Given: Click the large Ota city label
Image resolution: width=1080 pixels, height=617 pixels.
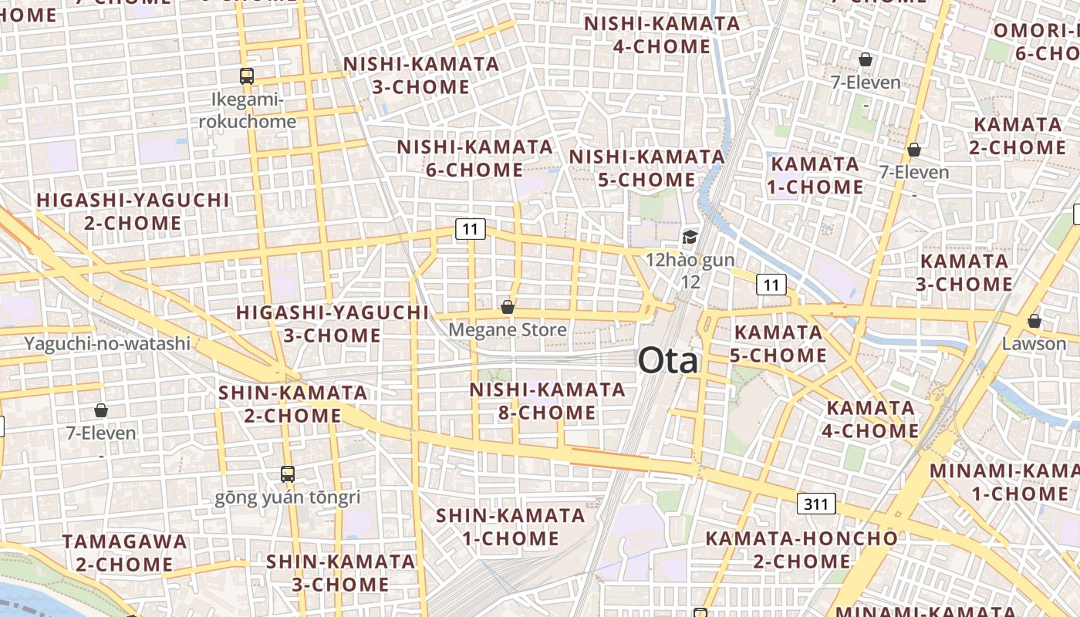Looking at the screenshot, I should click(668, 360).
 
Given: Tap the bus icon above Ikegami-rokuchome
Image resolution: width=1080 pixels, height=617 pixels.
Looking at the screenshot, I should click(247, 76).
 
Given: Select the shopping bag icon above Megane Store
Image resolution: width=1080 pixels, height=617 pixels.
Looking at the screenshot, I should click(508, 307).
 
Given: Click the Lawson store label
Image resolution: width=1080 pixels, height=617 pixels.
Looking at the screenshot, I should click(1034, 343).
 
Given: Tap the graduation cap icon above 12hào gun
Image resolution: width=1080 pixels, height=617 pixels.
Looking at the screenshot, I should click(690, 237).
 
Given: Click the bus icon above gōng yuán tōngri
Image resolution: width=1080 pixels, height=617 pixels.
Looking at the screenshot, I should click(288, 474).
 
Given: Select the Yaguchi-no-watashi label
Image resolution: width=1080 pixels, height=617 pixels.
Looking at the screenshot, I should click(107, 343).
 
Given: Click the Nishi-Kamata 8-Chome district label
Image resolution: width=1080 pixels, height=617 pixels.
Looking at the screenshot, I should click(548, 401).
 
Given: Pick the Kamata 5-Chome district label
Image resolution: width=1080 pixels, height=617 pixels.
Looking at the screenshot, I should click(779, 344).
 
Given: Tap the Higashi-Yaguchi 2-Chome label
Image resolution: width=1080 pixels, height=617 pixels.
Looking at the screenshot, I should click(133, 211).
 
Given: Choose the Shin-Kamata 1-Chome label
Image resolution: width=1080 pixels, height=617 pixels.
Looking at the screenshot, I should click(511, 526).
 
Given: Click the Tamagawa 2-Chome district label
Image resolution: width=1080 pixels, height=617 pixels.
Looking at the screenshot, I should click(125, 552).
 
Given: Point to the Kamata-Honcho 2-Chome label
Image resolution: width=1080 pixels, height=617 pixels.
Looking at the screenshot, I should click(802, 549).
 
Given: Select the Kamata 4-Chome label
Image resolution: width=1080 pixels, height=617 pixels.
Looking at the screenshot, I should click(871, 419).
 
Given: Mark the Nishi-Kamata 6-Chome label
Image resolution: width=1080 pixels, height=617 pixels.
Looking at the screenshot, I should click(475, 157).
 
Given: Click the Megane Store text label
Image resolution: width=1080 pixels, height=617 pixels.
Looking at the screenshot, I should click(508, 330).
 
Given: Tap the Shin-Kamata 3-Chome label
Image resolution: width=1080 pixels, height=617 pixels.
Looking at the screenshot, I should click(341, 572).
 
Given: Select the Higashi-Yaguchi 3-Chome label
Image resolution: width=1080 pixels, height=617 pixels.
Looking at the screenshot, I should click(332, 324).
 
